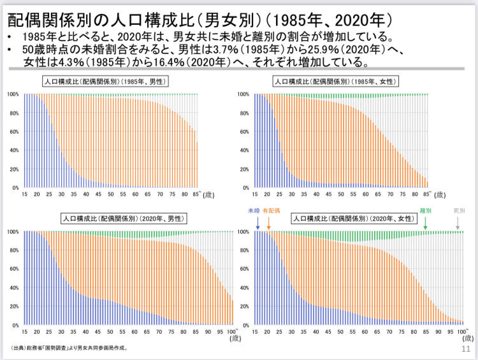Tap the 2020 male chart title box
(x=125, y=218)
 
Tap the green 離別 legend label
(x=426, y=210)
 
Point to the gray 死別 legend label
(x=459, y=210)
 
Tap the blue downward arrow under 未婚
(x=257, y=224)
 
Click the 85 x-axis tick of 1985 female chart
(x=425, y=194)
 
